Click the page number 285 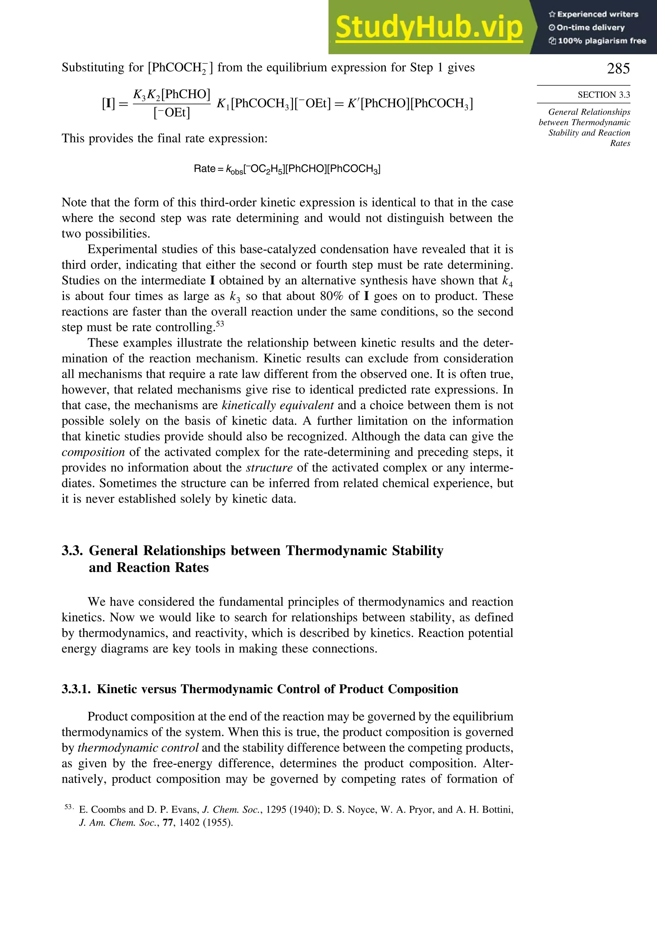click(618, 68)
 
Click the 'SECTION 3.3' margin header click(603, 95)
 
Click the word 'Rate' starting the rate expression click(204, 169)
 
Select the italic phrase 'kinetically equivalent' click(277, 405)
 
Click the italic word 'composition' click(93, 452)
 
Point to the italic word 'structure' click(269, 468)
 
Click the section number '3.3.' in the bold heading click(73, 551)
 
